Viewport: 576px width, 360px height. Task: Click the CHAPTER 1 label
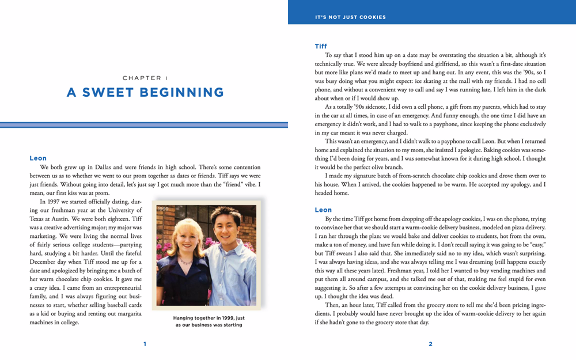(x=145, y=78)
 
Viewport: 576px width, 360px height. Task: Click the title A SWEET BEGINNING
(x=145, y=92)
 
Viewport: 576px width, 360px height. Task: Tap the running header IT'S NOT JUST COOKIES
(x=350, y=17)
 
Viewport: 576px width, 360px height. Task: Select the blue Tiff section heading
(x=321, y=46)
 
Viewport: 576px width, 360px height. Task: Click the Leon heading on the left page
(x=38, y=158)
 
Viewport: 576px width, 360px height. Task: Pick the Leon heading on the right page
(x=323, y=210)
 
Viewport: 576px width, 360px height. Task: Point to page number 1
(x=145, y=344)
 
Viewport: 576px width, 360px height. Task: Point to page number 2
(x=430, y=344)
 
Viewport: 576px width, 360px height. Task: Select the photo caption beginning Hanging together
(x=209, y=321)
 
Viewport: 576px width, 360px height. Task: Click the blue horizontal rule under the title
(x=144, y=124)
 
